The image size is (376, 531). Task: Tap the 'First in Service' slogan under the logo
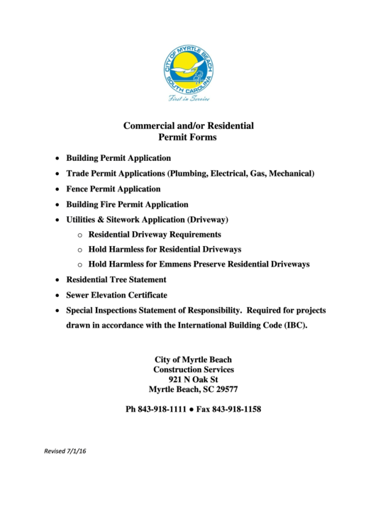[x=189, y=99]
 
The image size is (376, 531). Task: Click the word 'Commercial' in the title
[x=148, y=125]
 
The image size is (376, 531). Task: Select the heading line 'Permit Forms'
[x=187, y=138]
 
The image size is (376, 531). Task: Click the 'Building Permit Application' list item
[x=118, y=158]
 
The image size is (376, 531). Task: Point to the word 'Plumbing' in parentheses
[x=188, y=174]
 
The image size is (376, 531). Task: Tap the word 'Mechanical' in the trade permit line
[x=287, y=174]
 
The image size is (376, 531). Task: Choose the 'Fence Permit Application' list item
[x=114, y=189]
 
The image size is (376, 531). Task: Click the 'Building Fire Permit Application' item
[x=127, y=204]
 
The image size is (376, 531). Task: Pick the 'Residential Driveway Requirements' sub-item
[x=155, y=234]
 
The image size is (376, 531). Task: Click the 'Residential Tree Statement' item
[x=116, y=280]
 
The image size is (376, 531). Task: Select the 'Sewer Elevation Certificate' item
[x=117, y=295]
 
